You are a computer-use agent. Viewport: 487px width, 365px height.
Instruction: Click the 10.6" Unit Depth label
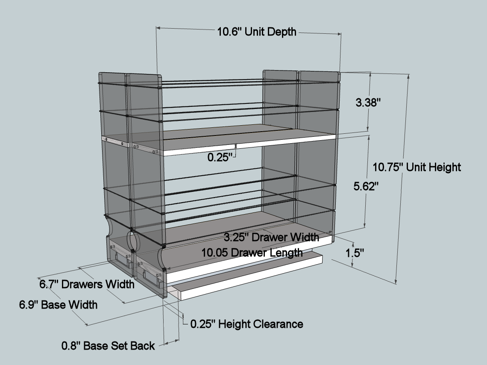[256, 32]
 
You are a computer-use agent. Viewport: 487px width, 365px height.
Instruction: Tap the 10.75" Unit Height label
[417, 167]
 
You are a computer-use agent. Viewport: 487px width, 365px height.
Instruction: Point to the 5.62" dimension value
[367, 186]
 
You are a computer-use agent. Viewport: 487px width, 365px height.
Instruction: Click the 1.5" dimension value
[354, 253]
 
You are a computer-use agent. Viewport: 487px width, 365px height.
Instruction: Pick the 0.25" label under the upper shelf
[220, 157]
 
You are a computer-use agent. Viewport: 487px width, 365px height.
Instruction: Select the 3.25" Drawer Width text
[272, 237]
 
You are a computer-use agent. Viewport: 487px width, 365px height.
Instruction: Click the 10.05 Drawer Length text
[252, 252]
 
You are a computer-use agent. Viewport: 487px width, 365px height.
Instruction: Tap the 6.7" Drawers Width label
[87, 284]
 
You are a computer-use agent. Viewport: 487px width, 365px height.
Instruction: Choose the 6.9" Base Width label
[58, 305]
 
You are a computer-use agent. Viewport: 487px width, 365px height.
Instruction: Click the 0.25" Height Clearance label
[246, 324]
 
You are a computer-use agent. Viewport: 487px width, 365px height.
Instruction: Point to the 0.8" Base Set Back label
[108, 346]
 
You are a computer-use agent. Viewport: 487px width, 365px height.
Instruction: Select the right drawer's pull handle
[153, 277]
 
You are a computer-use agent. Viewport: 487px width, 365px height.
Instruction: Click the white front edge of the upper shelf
[248, 144]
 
